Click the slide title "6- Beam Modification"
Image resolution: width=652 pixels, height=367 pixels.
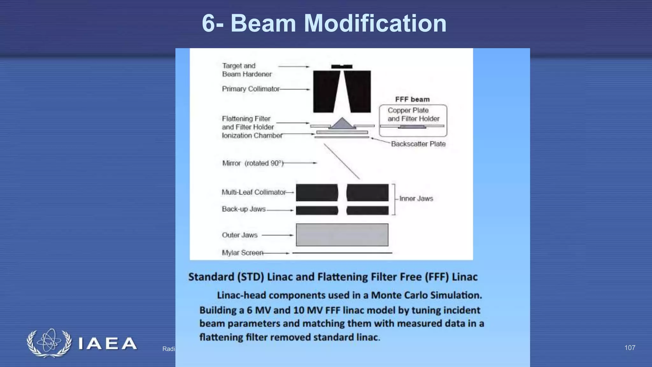[324, 23]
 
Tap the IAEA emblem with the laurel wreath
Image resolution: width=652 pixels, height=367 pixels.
[49, 343]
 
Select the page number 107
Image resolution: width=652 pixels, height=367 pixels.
[630, 348]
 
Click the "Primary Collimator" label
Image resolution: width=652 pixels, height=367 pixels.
[251, 89]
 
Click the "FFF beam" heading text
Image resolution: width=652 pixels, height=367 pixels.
[412, 99]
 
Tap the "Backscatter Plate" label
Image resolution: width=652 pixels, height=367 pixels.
[418, 144]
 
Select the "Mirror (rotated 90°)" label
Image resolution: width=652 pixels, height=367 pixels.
[252, 163]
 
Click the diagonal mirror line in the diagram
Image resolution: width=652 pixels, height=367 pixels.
[342, 161]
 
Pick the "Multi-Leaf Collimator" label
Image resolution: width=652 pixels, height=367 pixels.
[254, 192]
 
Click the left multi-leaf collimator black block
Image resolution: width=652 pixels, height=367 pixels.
[317, 192]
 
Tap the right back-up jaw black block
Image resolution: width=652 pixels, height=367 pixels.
[367, 210]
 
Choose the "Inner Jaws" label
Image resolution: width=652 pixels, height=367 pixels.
[416, 198]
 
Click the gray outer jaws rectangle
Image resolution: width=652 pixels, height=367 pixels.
[342, 235]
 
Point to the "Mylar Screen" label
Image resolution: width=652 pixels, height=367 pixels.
[243, 253]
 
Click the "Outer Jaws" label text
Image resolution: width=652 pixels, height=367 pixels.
[239, 235]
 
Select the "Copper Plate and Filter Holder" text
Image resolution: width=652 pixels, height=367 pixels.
[413, 114]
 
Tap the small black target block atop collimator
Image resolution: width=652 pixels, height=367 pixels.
[342, 67]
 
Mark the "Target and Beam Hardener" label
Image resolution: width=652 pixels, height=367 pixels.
[247, 70]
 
